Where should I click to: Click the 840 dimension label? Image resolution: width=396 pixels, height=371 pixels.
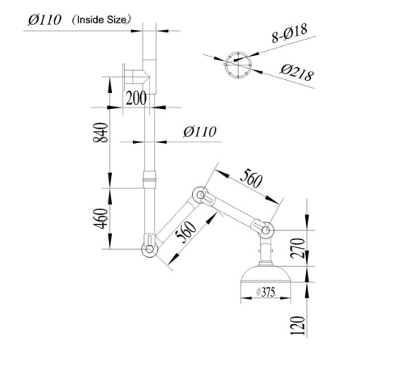coord(100,133)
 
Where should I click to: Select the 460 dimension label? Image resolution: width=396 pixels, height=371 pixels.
coord(100,218)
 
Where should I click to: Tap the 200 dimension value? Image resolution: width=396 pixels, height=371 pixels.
coord(136,98)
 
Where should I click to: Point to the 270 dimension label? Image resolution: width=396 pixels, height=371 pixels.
coord(297,248)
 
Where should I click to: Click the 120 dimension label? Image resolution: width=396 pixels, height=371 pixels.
coord(297,326)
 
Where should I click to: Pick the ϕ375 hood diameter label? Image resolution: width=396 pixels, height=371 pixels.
coord(266,292)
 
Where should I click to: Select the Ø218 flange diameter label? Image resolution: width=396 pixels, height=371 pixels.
coord(297,72)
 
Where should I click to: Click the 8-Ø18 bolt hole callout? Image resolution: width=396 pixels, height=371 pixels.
coord(290,33)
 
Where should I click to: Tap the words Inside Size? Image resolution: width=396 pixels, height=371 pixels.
coord(101,19)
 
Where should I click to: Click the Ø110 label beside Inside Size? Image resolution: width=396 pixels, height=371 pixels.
coord(45,20)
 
